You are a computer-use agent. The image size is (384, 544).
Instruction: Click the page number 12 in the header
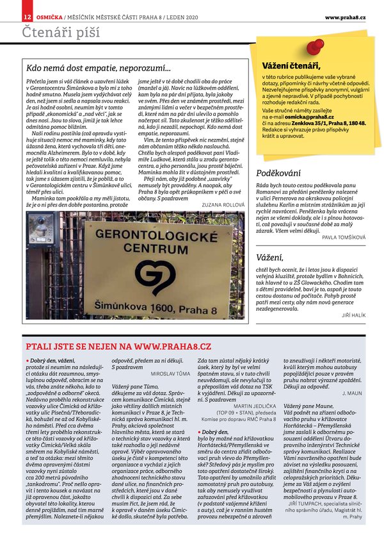[x=28, y=16]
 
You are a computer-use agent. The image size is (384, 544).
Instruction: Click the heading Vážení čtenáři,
[x=291, y=65]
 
